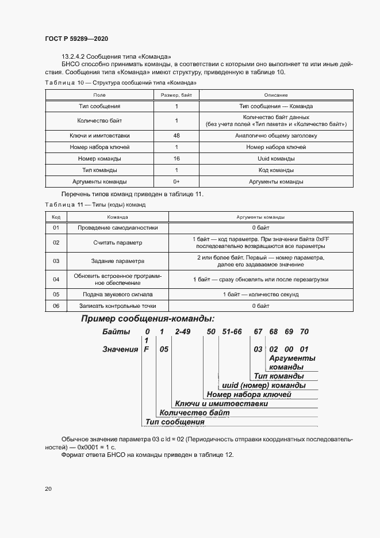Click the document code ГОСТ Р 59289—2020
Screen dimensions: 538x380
(x=76, y=39)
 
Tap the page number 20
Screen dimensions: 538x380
(x=48, y=489)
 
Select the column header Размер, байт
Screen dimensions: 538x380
(x=176, y=94)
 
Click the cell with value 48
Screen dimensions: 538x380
(x=176, y=136)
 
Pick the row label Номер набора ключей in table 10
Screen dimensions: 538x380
(x=99, y=147)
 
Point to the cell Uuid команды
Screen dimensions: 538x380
(x=276, y=159)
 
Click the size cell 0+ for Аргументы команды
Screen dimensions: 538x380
(x=176, y=182)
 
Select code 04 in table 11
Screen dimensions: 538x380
(x=56, y=279)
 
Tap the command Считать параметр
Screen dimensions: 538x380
(x=118, y=243)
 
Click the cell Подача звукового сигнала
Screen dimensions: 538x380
(x=118, y=294)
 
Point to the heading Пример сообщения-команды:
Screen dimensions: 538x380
(x=148, y=319)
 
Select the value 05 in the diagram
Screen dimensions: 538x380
(x=164, y=349)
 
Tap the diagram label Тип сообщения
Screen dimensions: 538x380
(x=175, y=422)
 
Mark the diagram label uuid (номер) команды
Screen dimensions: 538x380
(x=263, y=385)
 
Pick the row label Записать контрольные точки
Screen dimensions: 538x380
(x=118, y=306)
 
